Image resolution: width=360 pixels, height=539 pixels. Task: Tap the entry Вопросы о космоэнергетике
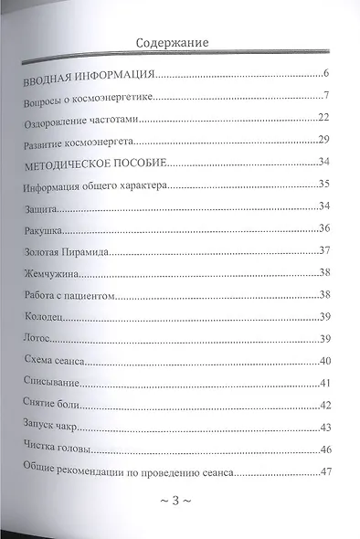tap(90, 98)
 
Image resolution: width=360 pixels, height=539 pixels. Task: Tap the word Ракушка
tap(42, 229)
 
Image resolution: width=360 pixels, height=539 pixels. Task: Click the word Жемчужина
tap(49, 273)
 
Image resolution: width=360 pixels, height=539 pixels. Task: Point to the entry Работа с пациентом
tap(72, 294)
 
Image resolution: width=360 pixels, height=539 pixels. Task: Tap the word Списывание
tap(51, 382)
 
